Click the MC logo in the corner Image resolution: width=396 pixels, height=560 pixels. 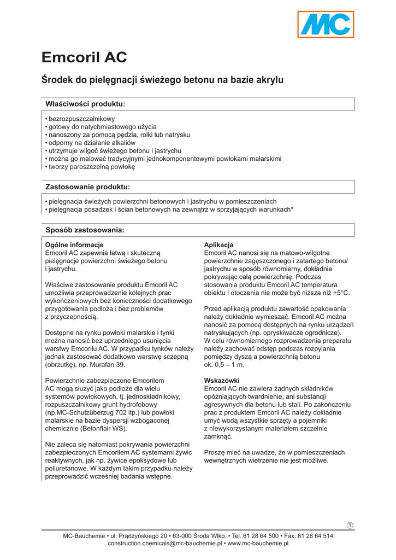tap(326, 25)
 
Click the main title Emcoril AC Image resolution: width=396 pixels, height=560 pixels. tap(84, 57)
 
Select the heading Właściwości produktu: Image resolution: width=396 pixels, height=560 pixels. tap(85, 104)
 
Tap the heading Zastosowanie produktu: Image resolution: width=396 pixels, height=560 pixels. tap(87, 187)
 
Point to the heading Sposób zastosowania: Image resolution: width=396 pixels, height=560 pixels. tap(85, 230)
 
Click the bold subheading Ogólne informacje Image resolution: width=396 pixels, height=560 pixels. tap(74, 244)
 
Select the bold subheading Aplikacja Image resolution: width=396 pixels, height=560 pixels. tap(218, 244)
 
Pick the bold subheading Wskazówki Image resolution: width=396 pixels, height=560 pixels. tap(221, 380)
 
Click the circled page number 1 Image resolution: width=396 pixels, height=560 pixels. tap(350, 526)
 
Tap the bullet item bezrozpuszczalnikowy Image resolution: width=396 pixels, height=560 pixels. tap(81, 119)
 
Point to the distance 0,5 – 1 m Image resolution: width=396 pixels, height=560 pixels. tap(224, 364)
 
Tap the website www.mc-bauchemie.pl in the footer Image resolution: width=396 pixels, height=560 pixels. tap(258, 544)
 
